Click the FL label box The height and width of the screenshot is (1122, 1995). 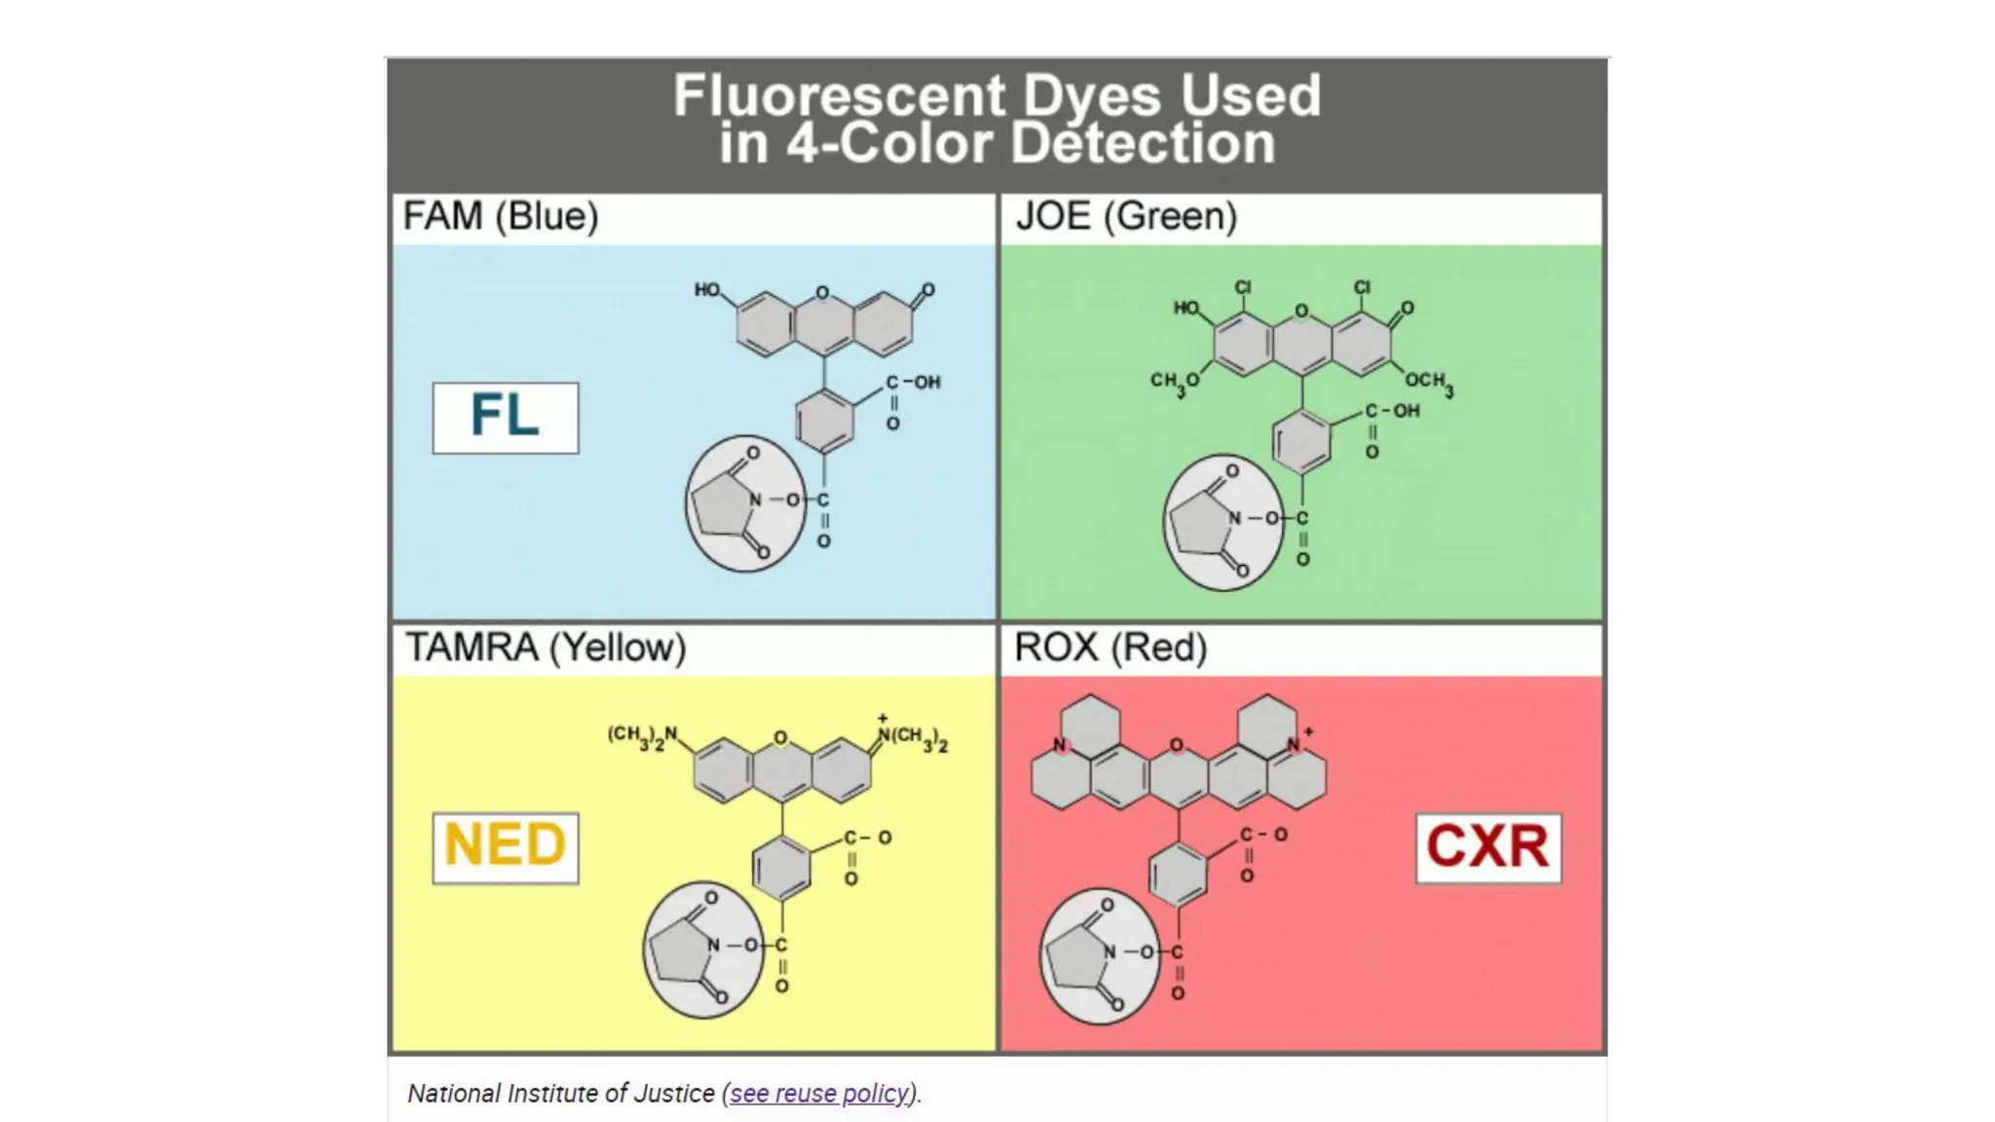pos(505,417)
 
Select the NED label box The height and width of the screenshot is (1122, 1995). pos(505,847)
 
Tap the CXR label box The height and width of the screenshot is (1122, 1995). pos(1487,847)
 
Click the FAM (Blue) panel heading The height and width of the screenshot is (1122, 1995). pos(501,216)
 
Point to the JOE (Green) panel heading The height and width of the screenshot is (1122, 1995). pos(1126,216)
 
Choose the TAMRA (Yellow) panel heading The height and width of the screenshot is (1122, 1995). pos(546,648)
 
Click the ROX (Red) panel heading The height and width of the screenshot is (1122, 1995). pos(1110,648)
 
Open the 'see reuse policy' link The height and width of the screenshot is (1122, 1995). pos(819,1094)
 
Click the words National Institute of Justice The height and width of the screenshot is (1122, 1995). pos(561,1094)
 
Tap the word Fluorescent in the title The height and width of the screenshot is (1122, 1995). pos(839,96)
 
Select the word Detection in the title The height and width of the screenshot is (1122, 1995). pos(1143,144)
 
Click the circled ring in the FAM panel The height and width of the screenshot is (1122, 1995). pos(745,503)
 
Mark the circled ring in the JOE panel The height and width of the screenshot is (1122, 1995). pos(1223,522)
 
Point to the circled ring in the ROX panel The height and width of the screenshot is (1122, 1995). pos(1100,955)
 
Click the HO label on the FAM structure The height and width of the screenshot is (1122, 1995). pos(707,289)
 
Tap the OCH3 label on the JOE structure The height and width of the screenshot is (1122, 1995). pos(1429,382)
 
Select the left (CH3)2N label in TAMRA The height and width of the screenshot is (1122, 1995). pos(642,735)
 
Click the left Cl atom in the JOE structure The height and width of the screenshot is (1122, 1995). pos(1243,287)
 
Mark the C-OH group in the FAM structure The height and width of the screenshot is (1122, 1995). pos(913,383)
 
